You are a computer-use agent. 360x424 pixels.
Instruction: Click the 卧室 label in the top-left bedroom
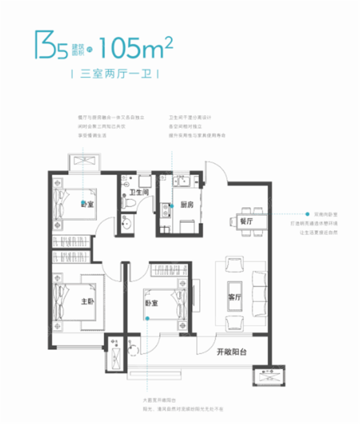[x=88, y=205]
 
